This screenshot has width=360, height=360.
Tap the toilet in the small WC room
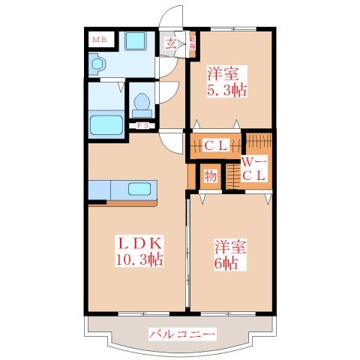(141, 104)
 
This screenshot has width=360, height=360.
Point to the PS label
(141, 126)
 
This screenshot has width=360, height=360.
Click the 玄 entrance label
(171, 43)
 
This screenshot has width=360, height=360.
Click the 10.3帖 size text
(138, 260)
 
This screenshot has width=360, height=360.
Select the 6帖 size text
(229, 263)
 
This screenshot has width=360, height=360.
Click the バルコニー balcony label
(181, 333)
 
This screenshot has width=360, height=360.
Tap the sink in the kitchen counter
(139, 188)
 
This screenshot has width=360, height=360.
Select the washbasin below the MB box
(98, 64)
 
